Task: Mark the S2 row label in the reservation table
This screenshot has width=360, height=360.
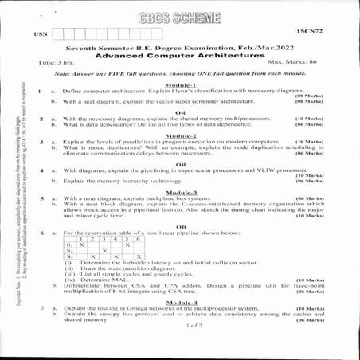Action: [70, 250]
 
